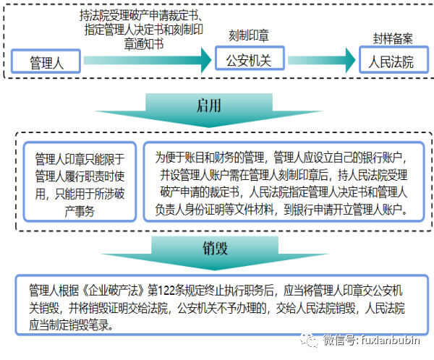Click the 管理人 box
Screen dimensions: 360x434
[x=47, y=62]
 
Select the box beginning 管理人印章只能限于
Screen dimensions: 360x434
[x=79, y=182]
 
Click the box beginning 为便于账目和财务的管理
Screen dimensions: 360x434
[x=283, y=183]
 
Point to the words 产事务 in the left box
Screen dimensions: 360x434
[x=79, y=210]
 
